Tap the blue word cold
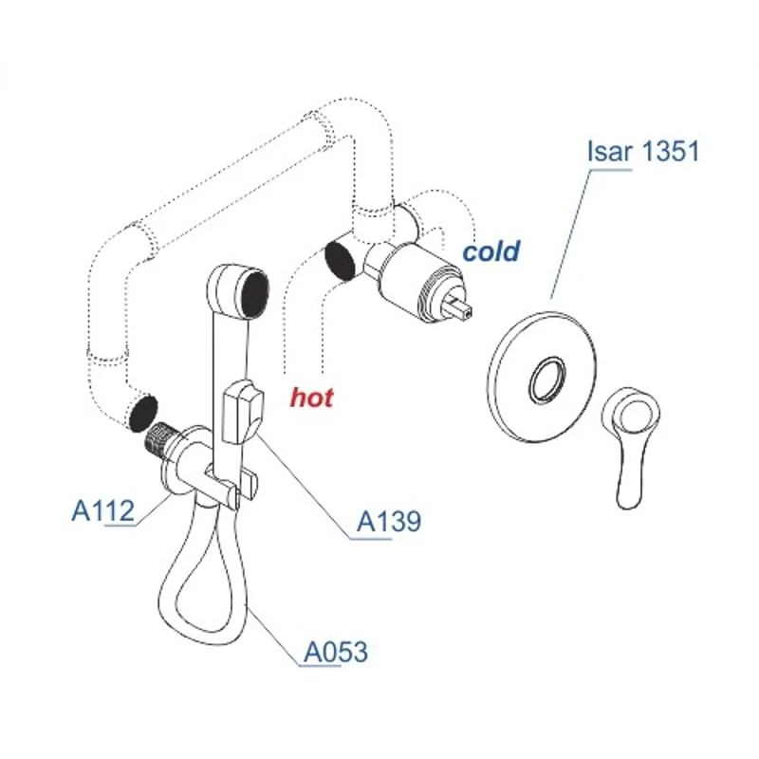pyautogui.click(x=491, y=251)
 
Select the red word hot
pyautogui.click(x=312, y=398)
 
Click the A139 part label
pyautogui.click(x=388, y=521)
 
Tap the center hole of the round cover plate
pyautogui.click(x=546, y=379)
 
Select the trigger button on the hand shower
pyautogui.click(x=241, y=410)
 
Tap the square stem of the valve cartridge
pyautogui.click(x=460, y=305)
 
